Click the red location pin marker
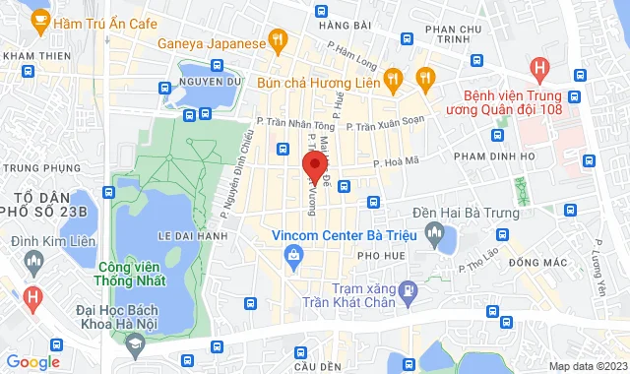pos(313,163)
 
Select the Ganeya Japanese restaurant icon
pos(279,42)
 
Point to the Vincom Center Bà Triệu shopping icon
pos(292,256)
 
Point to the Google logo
pos(32,362)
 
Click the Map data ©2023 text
pos(586,366)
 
